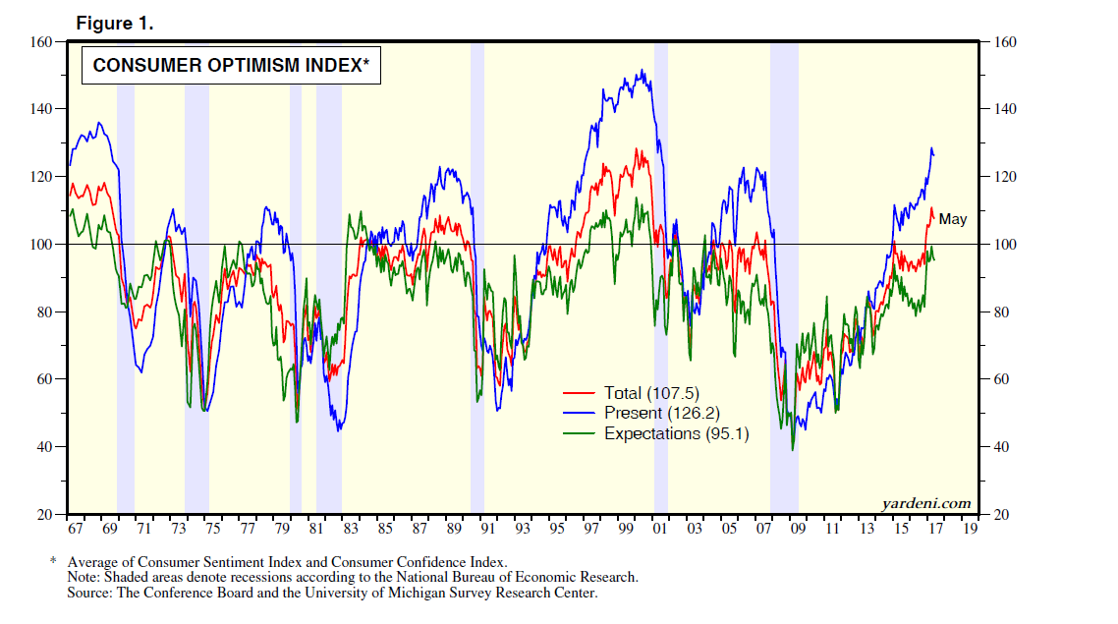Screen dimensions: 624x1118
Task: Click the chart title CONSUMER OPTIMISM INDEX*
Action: click(230, 66)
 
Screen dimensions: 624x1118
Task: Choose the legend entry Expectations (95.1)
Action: click(676, 432)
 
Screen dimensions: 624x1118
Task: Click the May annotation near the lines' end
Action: click(952, 219)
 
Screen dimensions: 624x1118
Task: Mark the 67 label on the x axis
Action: click(76, 529)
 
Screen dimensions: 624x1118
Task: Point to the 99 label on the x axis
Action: click(625, 529)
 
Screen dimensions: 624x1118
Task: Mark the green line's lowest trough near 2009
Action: click(792, 450)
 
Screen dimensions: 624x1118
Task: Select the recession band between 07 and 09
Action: click(783, 295)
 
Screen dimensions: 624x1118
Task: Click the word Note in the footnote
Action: click(83, 577)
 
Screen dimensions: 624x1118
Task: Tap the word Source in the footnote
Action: click(88, 593)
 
